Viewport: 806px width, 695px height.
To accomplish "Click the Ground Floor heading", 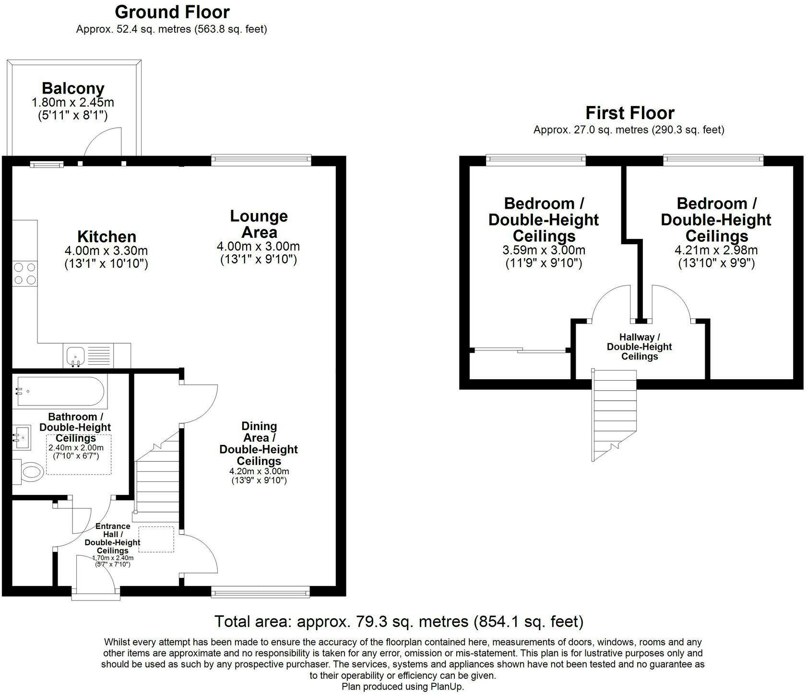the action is pyautogui.click(x=172, y=12).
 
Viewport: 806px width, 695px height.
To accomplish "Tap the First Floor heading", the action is pyautogui.click(x=630, y=113).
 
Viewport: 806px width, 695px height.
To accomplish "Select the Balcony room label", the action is pyautogui.click(x=73, y=88).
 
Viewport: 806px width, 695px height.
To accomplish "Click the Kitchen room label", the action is pyautogui.click(x=107, y=237).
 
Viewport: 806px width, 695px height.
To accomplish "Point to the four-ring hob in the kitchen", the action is pyautogui.click(x=25, y=273).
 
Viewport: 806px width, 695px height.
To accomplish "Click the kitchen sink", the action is pyautogui.click(x=75, y=356).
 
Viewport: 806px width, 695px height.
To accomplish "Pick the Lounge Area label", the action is pyautogui.click(x=259, y=224).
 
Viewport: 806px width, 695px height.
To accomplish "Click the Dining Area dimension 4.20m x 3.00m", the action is pyautogui.click(x=259, y=471).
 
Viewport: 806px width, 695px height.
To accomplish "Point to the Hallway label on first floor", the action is pyautogui.click(x=640, y=347).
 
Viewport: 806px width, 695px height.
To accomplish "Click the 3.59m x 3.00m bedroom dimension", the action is pyautogui.click(x=544, y=250).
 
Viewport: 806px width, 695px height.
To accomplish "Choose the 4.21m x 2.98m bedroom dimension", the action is pyautogui.click(x=716, y=250).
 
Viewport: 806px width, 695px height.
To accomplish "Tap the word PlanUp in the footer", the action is pyautogui.click(x=448, y=686).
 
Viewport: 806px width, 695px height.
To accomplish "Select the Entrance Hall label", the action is pyautogui.click(x=113, y=538).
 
